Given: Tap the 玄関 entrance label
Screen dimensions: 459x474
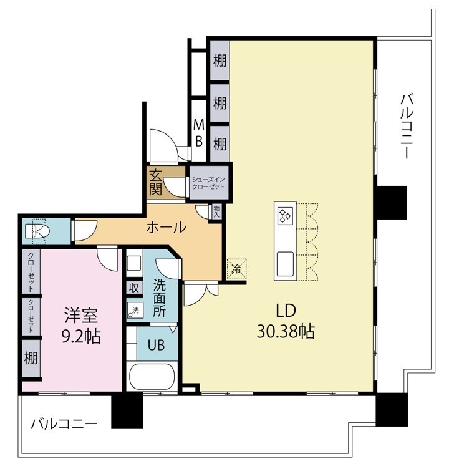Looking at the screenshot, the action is [155, 182].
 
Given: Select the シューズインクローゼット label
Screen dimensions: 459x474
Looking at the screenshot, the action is [208, 183].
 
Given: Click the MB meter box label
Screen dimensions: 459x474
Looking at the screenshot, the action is [199, 133].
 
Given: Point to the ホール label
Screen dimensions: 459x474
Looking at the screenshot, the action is [167, 227].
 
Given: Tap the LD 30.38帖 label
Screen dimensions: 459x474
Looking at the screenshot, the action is [286, 321].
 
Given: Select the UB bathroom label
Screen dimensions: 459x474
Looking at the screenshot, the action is [156, 345].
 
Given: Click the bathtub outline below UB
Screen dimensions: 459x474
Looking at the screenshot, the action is [152, 377].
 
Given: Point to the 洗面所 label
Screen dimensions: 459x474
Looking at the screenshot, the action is [159, 297].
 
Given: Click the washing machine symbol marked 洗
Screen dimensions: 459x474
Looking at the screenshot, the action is [134, 310].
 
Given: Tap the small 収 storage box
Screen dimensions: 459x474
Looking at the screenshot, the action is [134, 288].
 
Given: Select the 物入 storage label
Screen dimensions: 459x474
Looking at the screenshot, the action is [216, 211].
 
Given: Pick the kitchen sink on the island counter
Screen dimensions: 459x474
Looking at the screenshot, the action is [285, 264].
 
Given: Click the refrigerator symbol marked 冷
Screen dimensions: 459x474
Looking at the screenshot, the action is [237, 268].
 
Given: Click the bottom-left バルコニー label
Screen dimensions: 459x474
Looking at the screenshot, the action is [64, 424].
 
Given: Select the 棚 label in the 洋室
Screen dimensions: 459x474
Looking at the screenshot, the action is [31, 359].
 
